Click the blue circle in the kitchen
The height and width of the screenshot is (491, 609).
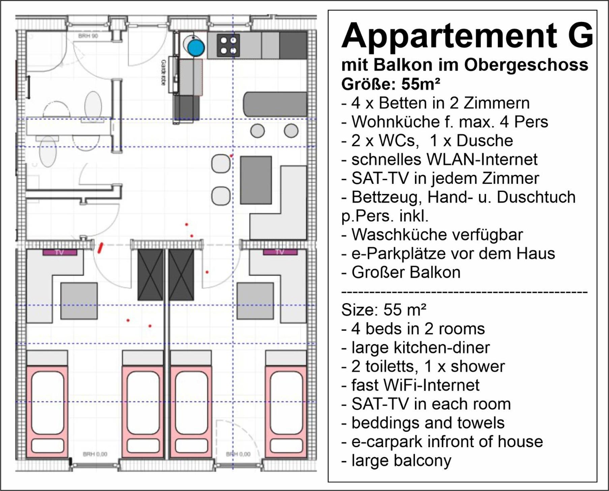pos(196,47)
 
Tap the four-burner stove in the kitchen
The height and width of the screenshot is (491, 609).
pos(228,45)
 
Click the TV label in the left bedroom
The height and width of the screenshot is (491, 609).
pos(60,252)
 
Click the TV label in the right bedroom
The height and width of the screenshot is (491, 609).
pos(280,252)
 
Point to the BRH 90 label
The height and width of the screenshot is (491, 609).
pos(88,36)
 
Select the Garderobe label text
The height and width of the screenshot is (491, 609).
pos(163,72)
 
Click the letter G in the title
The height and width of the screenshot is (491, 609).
pos(580,35)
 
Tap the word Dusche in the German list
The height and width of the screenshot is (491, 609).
pos(484,140)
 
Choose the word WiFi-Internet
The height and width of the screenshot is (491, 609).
pos(415,385)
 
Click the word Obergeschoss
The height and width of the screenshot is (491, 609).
pos(526,65)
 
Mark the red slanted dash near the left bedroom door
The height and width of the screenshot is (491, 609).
pos(100,248)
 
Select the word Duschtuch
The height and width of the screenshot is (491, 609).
pos(536,197)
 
